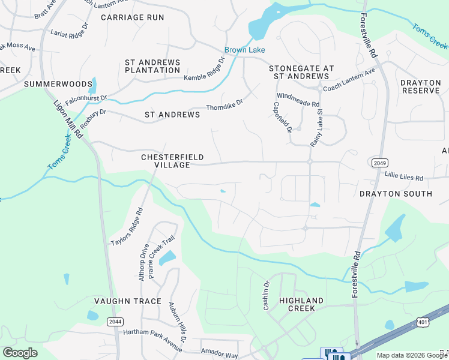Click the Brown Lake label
[x=244, y=50]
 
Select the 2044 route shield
[x=115, y=322]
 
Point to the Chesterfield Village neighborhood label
[x=165, y=161]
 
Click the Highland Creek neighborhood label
[x=301, y=304]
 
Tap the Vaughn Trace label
[x=127, y=301]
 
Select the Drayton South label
[x=396, y=194]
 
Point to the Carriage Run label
[x=132, y=17]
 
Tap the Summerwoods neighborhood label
[x=58, y=84]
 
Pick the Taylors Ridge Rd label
[x=127, y=227]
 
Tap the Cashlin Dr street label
[x=266, y=295]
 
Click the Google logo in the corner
[x=20, y=352]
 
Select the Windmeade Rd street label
[x=297, y=100]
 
